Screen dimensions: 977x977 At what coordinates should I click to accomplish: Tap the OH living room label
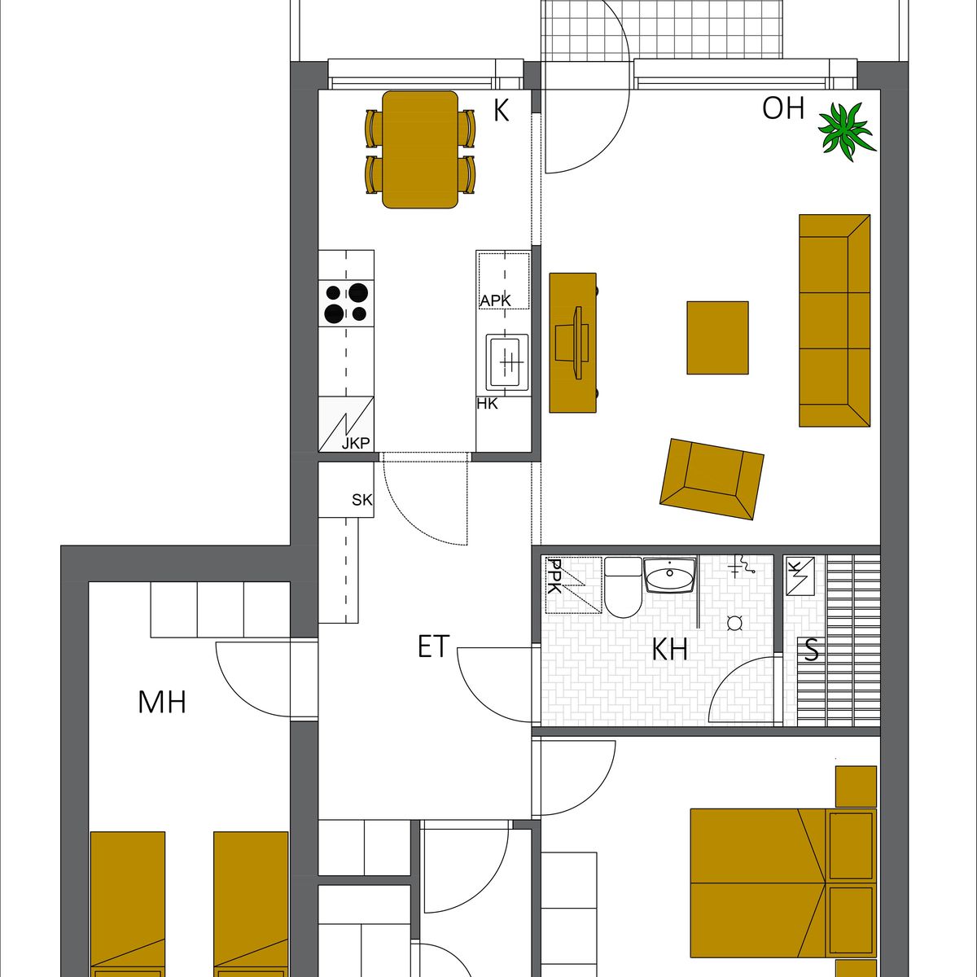[x=783, y=108]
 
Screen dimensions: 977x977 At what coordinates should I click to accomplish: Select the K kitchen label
[x=501, y=111]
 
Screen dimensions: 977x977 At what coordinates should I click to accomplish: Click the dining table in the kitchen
[x=420, y=150]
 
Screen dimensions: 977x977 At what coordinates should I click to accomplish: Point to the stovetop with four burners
[x=346, y=303]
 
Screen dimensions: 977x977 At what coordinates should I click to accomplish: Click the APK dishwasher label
[x=495, y=300]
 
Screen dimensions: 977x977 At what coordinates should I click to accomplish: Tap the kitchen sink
[x=507, y=362]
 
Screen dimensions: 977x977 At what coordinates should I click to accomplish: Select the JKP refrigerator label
[x=356, y=444]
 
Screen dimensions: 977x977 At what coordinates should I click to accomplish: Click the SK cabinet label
[x=362, y=500]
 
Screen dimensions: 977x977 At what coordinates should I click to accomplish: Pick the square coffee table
[x=717, y=338]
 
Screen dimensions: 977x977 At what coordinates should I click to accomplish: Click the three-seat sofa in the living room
[x=835, y=321]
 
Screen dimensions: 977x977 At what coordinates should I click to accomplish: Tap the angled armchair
[x=712, y=479]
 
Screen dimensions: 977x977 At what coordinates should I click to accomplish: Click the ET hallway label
[x=434, y=647]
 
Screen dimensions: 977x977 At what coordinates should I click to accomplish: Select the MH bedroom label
[x=162, y=703]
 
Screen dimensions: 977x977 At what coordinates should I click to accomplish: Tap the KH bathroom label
[x=670, y=650]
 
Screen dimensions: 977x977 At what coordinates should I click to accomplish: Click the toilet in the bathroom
[x=623, y=588]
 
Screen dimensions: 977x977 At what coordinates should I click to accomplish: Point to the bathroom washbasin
[x=670, y=575]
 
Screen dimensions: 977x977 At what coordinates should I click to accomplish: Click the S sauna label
[x=812, y=650]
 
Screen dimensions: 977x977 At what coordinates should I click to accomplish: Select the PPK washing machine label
[x=554, y=576]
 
